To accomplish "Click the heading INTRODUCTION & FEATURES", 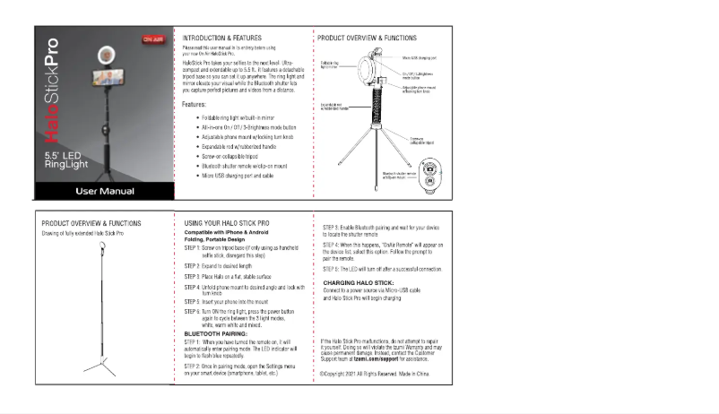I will tap(221, 39).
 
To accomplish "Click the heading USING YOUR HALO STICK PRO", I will tap(226, 221).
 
